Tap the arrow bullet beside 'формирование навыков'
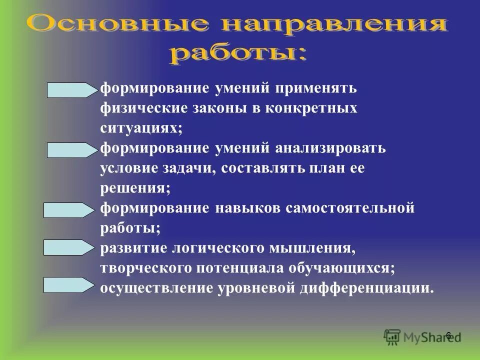point(69,209)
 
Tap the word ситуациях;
point(141,128)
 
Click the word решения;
point(135,188)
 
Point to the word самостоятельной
point(349,208)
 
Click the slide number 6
point(448,335)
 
